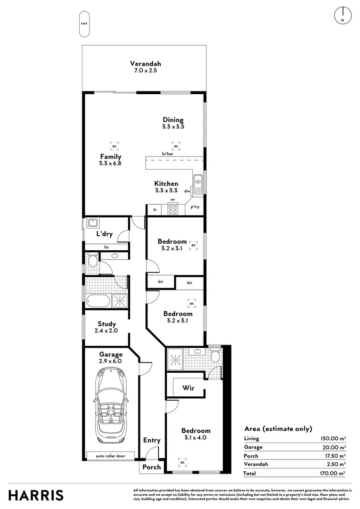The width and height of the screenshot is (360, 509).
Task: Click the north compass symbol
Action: coord(343,15)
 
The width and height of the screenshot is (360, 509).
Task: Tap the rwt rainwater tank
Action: coord(84,24)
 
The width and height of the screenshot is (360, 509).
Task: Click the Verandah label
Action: coord(146,64)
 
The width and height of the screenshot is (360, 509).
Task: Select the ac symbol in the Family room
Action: coord(114,146)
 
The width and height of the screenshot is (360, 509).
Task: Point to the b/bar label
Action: coord(167,154)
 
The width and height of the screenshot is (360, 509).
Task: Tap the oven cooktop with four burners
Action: coord(172,209)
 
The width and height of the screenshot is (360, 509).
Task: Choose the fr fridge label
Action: coord(155,210)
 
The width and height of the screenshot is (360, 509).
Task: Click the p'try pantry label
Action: coord(195,207)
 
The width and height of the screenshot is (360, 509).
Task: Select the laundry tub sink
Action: coord(93,222)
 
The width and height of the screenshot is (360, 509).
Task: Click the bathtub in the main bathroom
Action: coord(98,301)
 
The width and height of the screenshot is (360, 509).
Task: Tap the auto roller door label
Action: coord(110,456)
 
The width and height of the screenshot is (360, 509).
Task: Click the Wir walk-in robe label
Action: coord(188,388)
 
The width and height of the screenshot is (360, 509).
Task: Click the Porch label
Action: coord(152,467)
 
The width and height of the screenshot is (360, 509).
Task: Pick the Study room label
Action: coord(107,324)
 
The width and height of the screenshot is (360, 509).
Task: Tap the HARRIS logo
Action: coord(36,496)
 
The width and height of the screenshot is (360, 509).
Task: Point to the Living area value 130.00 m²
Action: coord(333,439)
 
